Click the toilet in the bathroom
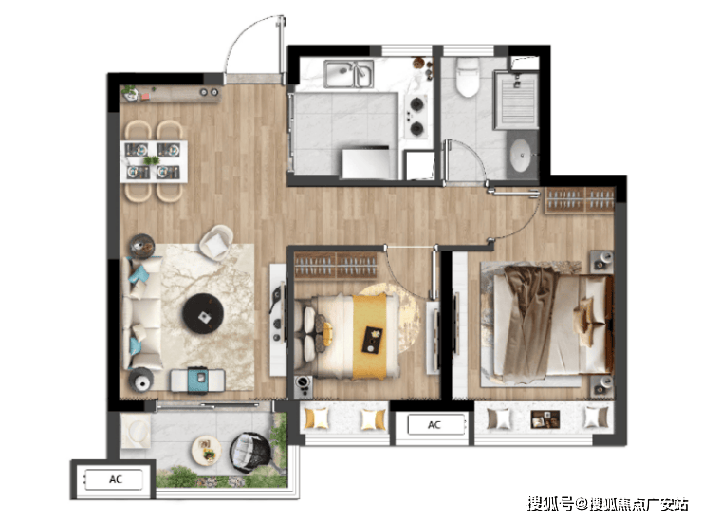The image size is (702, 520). pyautogui.click(x=468, y=78)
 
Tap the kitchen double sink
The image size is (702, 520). pyautogui.click(x=349, y=74)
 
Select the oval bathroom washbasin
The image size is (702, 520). pyautogui.click(x=520, y=155)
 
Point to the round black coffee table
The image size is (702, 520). pyautogui.click(x=203, y=313)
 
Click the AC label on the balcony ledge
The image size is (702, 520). pyautogui.click(x=116, y=479)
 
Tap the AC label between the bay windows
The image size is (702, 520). pyautogui.click(x=434, y=424)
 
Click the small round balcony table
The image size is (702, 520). pyautogui.click(x=207, y=450)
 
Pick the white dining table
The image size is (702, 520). pyautogui.click(x=154, y=161)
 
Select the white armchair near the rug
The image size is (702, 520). pyautogui.click(x=216, y=242)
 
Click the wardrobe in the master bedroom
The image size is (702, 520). pyautogui.click(x=580, y=199)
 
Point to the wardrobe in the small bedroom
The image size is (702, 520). pyautogui.click(x=336, y=264)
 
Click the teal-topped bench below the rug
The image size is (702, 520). pyautogui.click(x=197, y=381)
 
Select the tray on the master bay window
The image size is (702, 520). pyautogui.click(x=545, y=419)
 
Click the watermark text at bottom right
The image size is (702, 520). pyautogui.click(x=607, y=504)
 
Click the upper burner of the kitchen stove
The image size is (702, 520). pyautogui.click(x=416, y=104)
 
